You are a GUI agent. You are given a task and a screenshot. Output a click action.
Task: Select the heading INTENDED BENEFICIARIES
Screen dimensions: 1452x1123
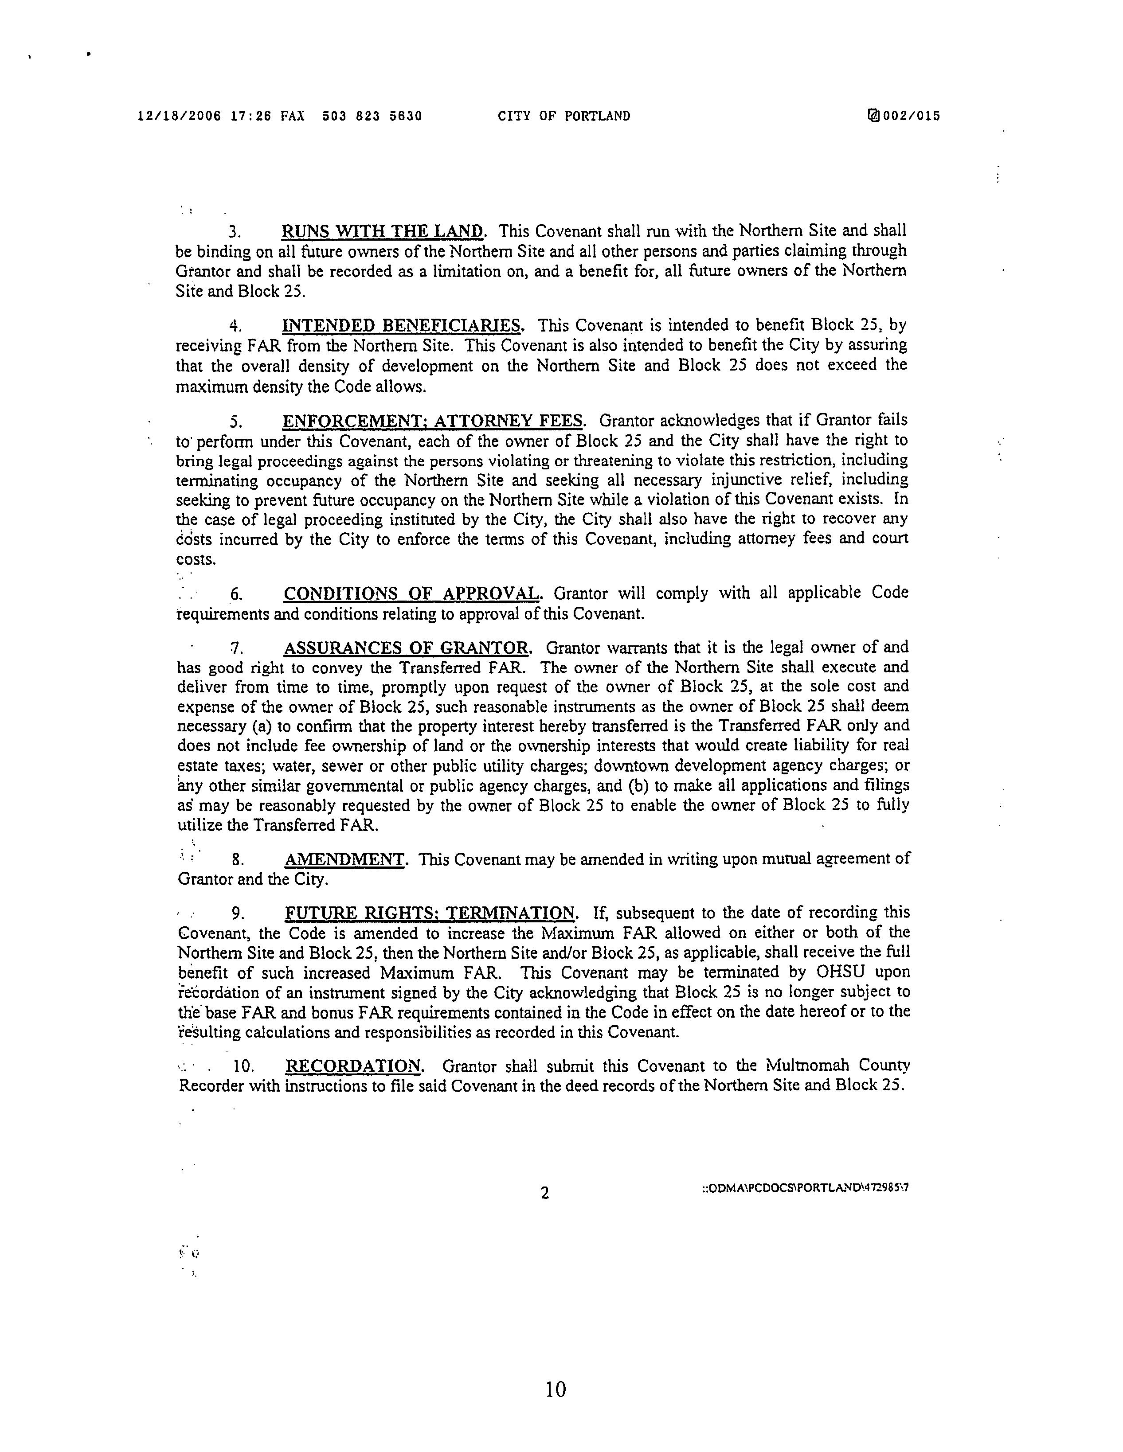[x=402, y=325]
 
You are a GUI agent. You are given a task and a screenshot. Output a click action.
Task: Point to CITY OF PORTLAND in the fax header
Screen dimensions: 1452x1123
[x=564, y=116]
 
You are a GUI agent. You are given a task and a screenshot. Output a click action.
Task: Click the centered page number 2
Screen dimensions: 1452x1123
[x=544, y=1193]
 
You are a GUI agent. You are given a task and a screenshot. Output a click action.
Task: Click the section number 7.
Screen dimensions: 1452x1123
[x=234, y=648]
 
